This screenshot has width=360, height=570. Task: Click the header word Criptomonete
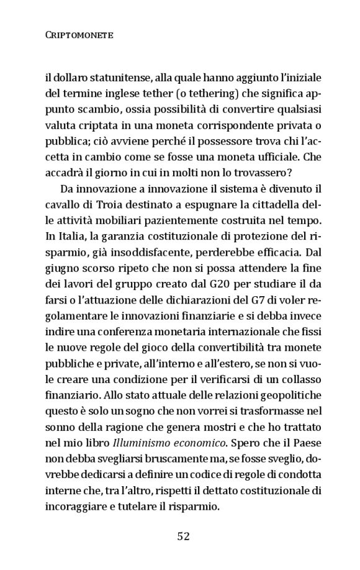[79, 35]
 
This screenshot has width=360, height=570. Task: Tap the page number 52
[182, 536]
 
